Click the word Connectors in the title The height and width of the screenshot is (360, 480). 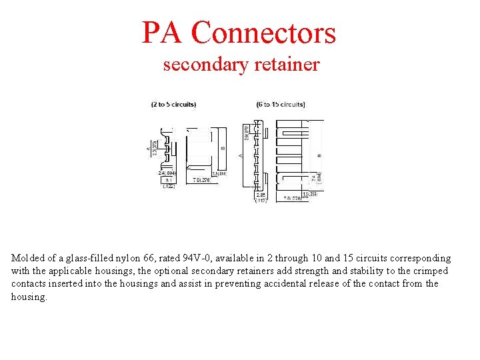click(264, 33)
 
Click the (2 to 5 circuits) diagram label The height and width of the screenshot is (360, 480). click(173, 105)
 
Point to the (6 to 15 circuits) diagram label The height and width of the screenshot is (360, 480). click(281, 105)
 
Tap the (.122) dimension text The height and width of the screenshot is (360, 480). click(169, 187)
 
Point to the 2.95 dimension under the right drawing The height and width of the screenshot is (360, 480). click(261, 194)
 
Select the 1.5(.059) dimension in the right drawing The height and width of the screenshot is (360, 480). click(309, 194)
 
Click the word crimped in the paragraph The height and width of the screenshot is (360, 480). click(431, 271)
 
